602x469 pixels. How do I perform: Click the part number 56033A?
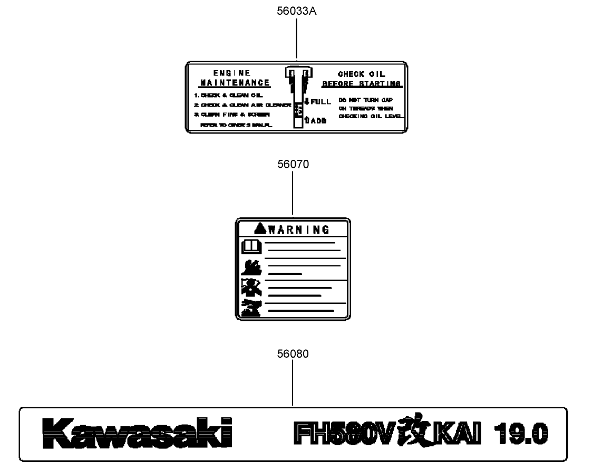297,12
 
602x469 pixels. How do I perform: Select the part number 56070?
293,164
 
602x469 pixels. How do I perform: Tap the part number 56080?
293,354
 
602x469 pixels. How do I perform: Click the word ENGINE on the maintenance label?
232,73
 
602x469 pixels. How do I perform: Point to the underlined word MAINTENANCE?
235,83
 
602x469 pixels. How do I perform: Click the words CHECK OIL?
362,74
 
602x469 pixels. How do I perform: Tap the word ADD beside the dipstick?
318,121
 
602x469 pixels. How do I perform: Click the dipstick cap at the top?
298,72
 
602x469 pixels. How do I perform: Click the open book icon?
251,246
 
